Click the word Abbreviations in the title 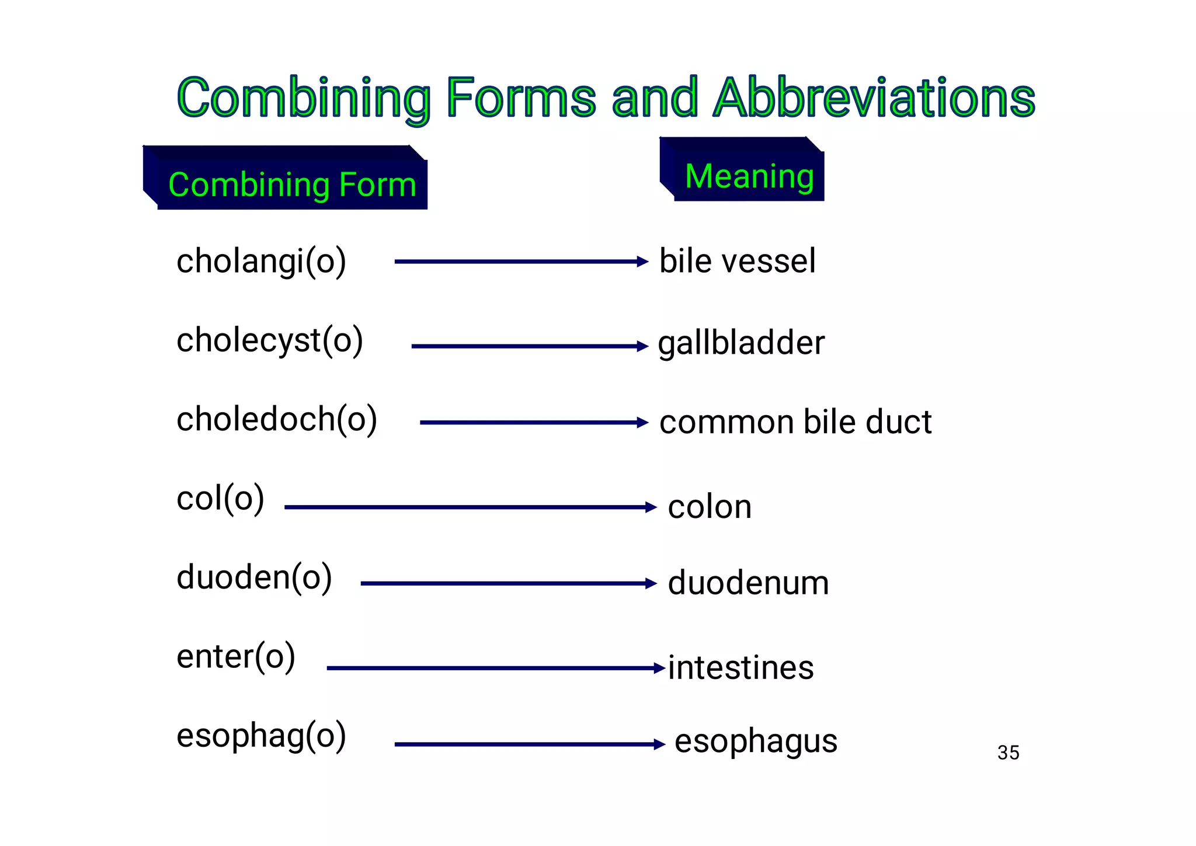(x=874, y=98)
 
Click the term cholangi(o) (x=261, y=261)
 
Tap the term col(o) (x=220, y=499)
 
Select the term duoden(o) (x=254, y=577)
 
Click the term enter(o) (x=236, y=657)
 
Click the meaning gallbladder (x=740, y=343)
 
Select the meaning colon (x=709, y=507)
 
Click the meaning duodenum (x=748, y=583)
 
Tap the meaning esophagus (x=756, y=741)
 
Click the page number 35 (x=1008, y=753)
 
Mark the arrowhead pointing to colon (x=651, y=507)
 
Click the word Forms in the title (x=521, y=98)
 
